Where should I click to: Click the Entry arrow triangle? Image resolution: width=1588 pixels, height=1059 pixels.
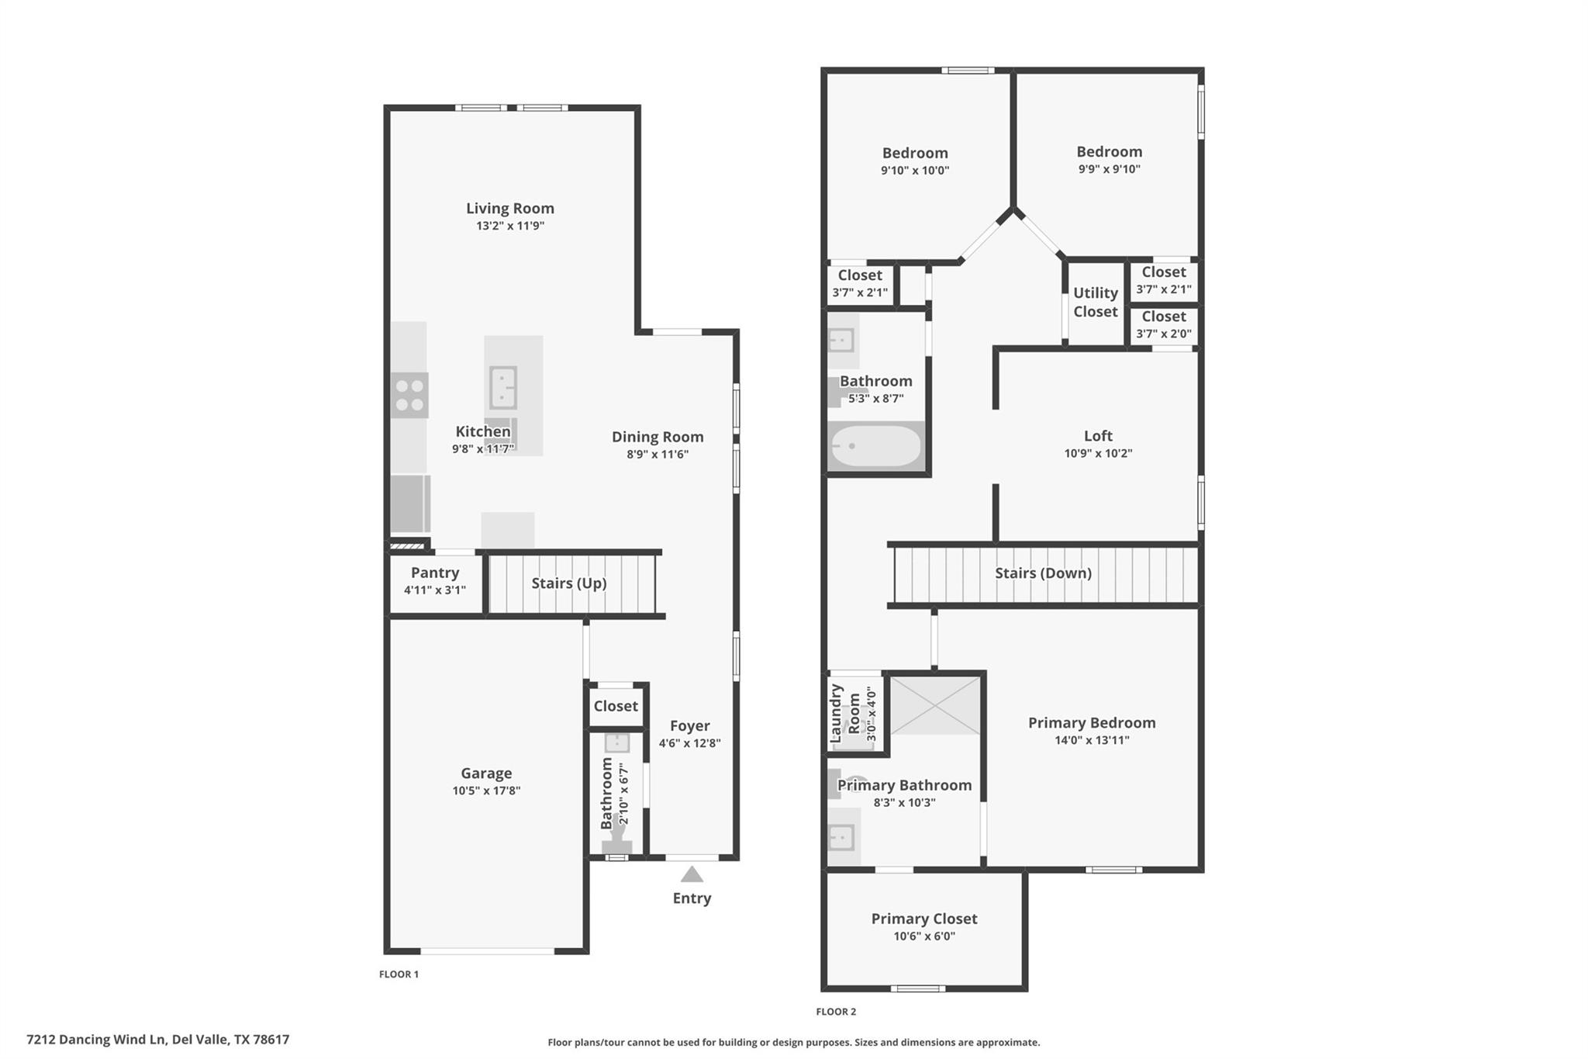coord(692,874)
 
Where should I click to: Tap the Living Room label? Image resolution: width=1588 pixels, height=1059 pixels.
coord(509,208)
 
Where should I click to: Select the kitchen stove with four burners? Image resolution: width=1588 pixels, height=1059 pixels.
coord(409,395)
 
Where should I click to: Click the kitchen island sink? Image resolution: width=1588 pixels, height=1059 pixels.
coord(502,387)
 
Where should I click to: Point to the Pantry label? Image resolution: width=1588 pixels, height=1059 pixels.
coord(434,573)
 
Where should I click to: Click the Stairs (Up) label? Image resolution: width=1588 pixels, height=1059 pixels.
coord(568,583)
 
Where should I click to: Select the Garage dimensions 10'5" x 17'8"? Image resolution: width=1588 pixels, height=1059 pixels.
coord(486,791)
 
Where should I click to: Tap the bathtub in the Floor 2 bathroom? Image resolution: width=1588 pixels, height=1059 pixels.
coord(876,446)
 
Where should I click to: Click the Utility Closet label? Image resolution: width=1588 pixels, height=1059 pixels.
coord(1095,302)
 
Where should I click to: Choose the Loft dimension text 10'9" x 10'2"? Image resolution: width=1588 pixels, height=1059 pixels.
coord(1097,453)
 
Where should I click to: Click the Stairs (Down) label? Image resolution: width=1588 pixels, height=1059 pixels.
coord(1043,573)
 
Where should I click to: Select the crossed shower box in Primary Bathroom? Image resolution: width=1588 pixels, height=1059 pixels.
coord(936,705)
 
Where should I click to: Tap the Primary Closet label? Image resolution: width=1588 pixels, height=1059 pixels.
coord(923,919)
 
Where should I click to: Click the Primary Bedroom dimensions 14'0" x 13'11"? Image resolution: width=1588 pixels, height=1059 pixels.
coord(1091,740)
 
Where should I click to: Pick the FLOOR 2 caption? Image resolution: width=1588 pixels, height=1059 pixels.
coord(836,1012)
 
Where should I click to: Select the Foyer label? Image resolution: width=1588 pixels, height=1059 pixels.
coord(689,726)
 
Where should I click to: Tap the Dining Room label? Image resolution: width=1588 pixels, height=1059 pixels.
coord(658,437)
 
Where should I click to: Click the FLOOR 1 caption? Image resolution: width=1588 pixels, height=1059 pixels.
coord(399,974)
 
